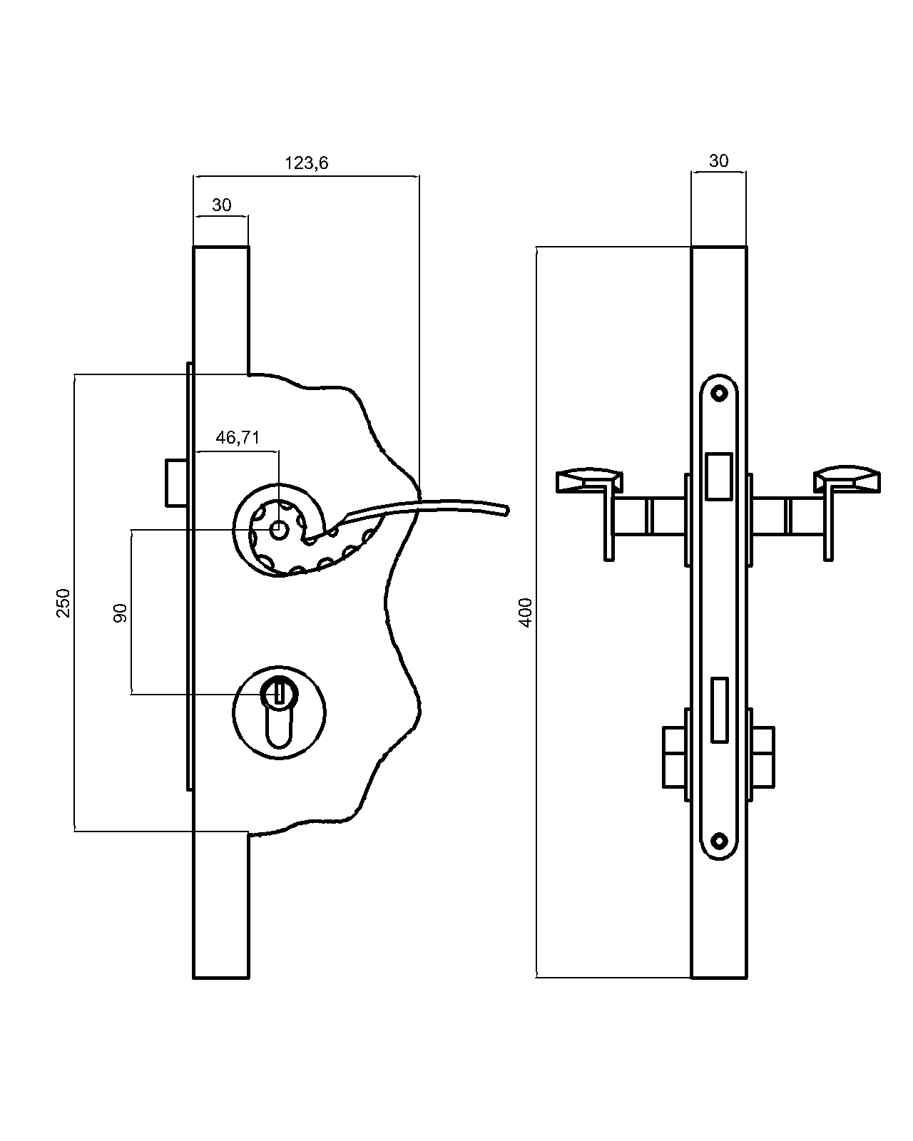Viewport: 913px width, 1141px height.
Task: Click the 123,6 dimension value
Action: click(307, 163)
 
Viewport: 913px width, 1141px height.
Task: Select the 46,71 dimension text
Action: click(238, 438)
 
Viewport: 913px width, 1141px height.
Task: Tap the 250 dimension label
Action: click(64, 603)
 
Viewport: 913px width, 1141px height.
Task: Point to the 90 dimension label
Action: click(121, 613)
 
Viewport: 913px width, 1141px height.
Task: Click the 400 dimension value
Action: click(526, 613)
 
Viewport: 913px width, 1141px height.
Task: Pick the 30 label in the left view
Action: click(222, 205)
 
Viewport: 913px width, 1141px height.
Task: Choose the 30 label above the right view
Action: click(719, 161)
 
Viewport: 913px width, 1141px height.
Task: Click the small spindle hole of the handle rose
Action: click(279, 530)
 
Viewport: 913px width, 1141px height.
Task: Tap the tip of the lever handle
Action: click(505, 510)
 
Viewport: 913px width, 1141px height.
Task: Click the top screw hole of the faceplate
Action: click(719, 392)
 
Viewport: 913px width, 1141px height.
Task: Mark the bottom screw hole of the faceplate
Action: click(719, 841)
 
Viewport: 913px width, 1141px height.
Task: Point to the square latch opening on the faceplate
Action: click(718, 476)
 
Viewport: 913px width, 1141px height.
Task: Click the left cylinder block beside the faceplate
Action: click(674, 757)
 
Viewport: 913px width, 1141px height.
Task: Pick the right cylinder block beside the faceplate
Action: click(764, 757)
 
